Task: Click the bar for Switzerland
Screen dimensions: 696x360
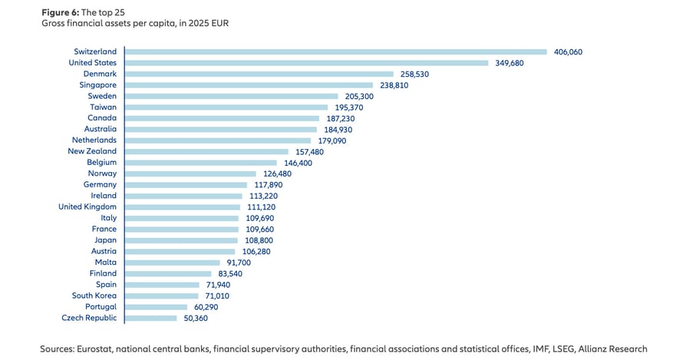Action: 336,52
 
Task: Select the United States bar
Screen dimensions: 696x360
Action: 307,63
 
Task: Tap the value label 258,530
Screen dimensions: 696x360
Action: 414,74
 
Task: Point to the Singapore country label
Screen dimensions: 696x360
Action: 98,84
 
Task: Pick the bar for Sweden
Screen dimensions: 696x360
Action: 231,96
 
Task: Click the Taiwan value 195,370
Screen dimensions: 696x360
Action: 349,107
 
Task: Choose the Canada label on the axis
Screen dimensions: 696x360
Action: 102,118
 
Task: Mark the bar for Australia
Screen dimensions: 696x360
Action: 221,130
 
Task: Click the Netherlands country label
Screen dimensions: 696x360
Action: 94,140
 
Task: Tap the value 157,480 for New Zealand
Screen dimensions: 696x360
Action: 309,152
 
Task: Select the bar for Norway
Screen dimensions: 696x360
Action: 190,174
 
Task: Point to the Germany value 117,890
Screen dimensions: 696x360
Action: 268,185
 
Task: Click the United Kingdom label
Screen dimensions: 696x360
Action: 87,206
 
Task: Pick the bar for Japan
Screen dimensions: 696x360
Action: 181,240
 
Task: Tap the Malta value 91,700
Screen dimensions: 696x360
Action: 239,263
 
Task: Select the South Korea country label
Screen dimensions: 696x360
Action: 94,296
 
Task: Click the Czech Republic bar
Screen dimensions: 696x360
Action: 151,319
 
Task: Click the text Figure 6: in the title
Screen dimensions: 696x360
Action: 60,12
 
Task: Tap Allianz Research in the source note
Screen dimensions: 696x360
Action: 612,349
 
